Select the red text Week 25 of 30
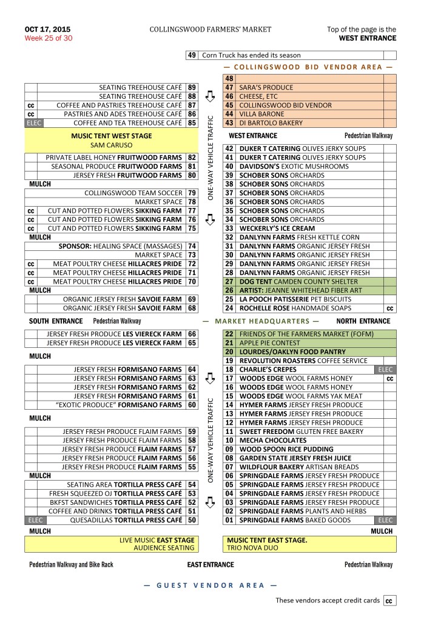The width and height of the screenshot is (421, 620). pyautogui.click(x=49, y=38)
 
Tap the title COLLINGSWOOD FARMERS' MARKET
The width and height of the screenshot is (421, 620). pyautogui.click(x=210, y=29)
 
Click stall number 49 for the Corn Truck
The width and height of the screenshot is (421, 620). pyautogui.click(x=192, y=55)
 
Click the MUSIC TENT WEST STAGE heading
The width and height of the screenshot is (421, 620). pyautogui.click(x=112, y=136)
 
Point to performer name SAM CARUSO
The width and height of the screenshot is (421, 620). pyautogui.click(x=112, y=145)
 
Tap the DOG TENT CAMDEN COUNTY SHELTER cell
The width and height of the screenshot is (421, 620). pyautogui.click(x=298, y=281)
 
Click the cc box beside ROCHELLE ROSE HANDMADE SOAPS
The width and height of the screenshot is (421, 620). pyautogui.click(x=389, y=308)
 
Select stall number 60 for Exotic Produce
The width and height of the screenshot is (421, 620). pyautogui.click(x=192, y=404)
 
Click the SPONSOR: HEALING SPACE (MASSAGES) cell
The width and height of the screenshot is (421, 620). pyautogui.click(x=121, y=246)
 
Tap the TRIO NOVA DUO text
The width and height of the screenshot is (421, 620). pyautogui.click(x=250, y=547)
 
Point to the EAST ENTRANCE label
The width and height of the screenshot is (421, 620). pyautogui.click(x=210, y=565)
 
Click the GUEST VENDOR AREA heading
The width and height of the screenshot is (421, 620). pyautogui.click(x=210, y=585)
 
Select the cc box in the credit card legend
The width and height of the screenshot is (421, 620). pyautogui.click(x=389, y=601)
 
